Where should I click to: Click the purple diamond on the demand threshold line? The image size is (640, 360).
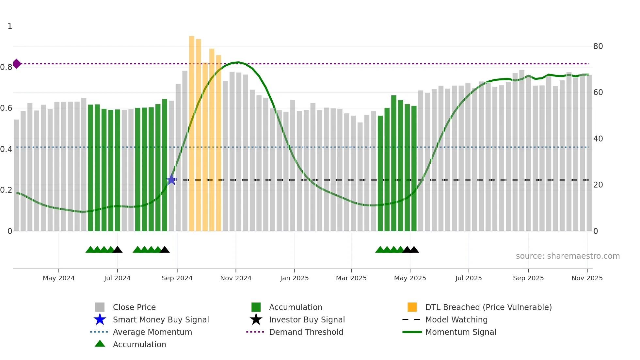[17, 64]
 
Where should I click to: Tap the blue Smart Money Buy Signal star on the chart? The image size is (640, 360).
[171, 180]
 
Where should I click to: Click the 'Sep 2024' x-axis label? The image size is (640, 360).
[177, 278]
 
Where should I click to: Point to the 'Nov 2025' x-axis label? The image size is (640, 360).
[587, 278]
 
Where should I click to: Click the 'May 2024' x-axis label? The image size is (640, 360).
[59, 278]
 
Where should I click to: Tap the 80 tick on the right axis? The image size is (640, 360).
[598, 46]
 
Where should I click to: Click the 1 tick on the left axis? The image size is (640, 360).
[10, 26]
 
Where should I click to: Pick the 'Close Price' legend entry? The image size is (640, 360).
[134, 307]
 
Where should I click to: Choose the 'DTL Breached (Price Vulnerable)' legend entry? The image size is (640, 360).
[488, 307]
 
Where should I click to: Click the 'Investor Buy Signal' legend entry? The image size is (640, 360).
[307, 319]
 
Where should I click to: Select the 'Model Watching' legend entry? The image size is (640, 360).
[456, 319]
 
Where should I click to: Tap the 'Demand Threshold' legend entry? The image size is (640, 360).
[306, 332]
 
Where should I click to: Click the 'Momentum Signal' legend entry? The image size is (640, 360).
[460, 332]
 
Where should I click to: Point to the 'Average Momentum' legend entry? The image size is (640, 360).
[152, 332]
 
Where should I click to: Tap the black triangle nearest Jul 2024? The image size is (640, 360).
[118, 250]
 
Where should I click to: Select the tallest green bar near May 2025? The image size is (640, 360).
[394, 163]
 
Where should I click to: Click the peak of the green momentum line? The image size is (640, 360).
[239, 62]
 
